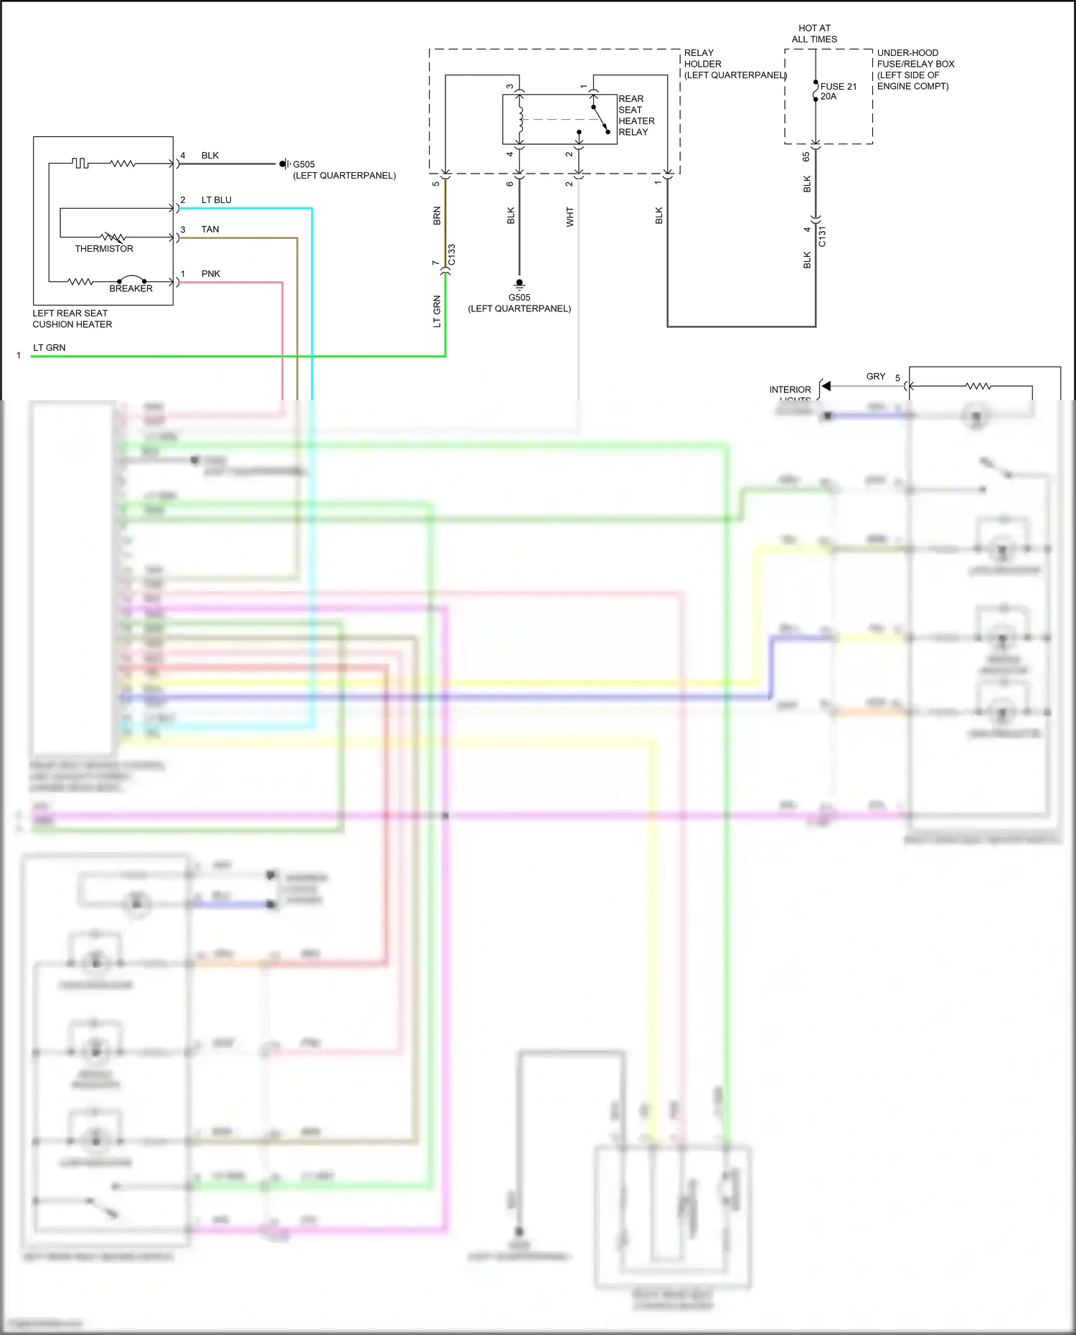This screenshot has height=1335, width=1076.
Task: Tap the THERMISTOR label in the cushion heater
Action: pyautogui.click(x=104, y=249)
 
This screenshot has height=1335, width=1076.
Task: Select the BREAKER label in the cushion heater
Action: pyautogui.click(x=131, y=288)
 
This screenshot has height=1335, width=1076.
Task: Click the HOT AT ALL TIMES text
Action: pyautogui.click(x=814, y=34)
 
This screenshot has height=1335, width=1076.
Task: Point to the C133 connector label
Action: pyautogui.click(x=451, y=255)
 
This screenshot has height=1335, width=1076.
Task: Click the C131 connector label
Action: pyautogui.click(x=822, y=237)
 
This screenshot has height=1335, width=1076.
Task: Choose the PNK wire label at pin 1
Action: pyautogui.click(x=210, y=274)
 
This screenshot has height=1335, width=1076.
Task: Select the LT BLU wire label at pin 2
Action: pyautogui.click(x=216, y=200)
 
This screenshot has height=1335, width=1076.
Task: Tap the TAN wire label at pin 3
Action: pyautogui.click(x=210, y=230)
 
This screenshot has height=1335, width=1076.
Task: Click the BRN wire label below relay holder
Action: pyautogui.click(x=437, y=216)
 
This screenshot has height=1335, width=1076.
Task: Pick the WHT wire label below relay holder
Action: pyautogui.click(x=570, y=217)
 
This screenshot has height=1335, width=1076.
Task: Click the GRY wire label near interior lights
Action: pyautogui.click(x=876, y=377)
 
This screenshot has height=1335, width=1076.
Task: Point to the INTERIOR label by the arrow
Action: pyautogui.click(x=790, y=390)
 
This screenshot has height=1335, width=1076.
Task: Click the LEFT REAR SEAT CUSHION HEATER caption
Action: pyautogui.click(x=72, y=319)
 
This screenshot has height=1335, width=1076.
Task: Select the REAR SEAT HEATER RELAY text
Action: pyautogui.click(x=636, y=115)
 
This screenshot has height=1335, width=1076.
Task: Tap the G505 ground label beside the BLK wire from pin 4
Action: pyautogui.click(x=303, y=164)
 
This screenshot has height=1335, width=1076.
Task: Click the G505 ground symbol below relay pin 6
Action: pyautogui.click(x=519, y=283)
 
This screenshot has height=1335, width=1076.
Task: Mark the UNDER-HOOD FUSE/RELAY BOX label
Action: pyautogui.click(x=915, y=70)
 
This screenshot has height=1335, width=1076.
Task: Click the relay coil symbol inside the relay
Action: pyautogui.click(x=520, y=119)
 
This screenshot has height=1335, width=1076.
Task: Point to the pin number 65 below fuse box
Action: pyautogui.click(x=806, y=156)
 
